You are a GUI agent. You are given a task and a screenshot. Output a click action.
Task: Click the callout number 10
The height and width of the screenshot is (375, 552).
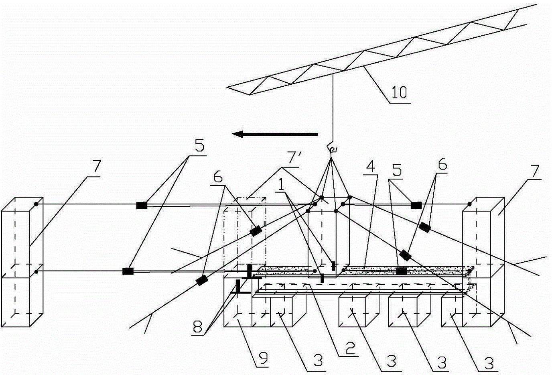coord(399,92)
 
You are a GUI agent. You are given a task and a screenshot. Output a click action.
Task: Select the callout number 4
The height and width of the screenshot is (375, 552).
coord(371,167)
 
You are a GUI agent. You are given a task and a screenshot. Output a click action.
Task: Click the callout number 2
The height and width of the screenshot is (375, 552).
coord(351,348)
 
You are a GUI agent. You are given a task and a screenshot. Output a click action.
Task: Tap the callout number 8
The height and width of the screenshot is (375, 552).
coord(198,327)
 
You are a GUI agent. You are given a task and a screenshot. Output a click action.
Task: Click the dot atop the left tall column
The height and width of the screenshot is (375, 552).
coord(36,204)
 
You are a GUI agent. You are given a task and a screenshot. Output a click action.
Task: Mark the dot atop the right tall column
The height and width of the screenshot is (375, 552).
coord(470,204)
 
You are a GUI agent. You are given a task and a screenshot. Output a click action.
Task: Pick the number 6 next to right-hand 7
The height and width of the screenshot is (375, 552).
coord(442,165)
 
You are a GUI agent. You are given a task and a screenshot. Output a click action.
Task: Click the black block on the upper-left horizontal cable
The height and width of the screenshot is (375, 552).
coord(142,205)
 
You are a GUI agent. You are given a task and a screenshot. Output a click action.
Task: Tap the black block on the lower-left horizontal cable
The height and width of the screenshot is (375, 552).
coord(128,271)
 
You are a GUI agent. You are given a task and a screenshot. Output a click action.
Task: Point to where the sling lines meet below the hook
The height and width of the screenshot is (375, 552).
coord(331,158)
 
